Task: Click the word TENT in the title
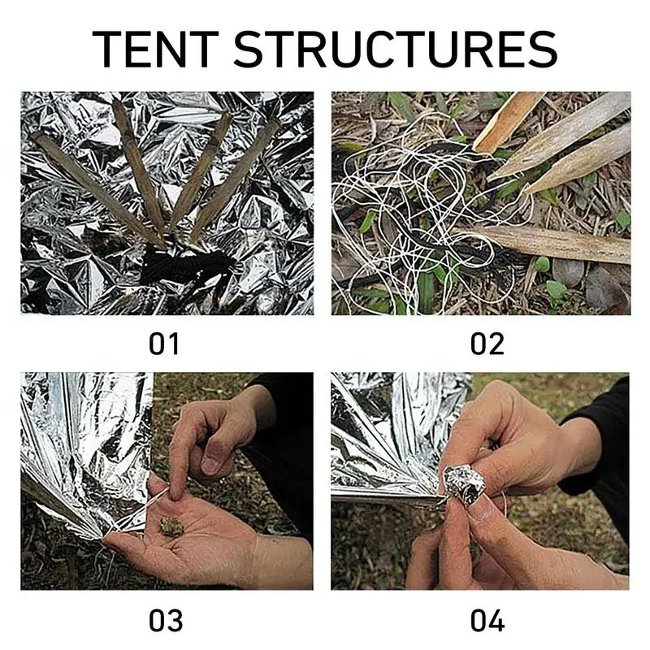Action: tap(155, 50)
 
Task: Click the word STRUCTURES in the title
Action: tap(396, 50)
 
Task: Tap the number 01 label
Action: tap(164, 344)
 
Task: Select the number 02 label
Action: tap(487, 344)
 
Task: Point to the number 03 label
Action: tap(166, 621)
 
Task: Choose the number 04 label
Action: tap(487, 621)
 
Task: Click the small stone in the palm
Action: tap(171, 526)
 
